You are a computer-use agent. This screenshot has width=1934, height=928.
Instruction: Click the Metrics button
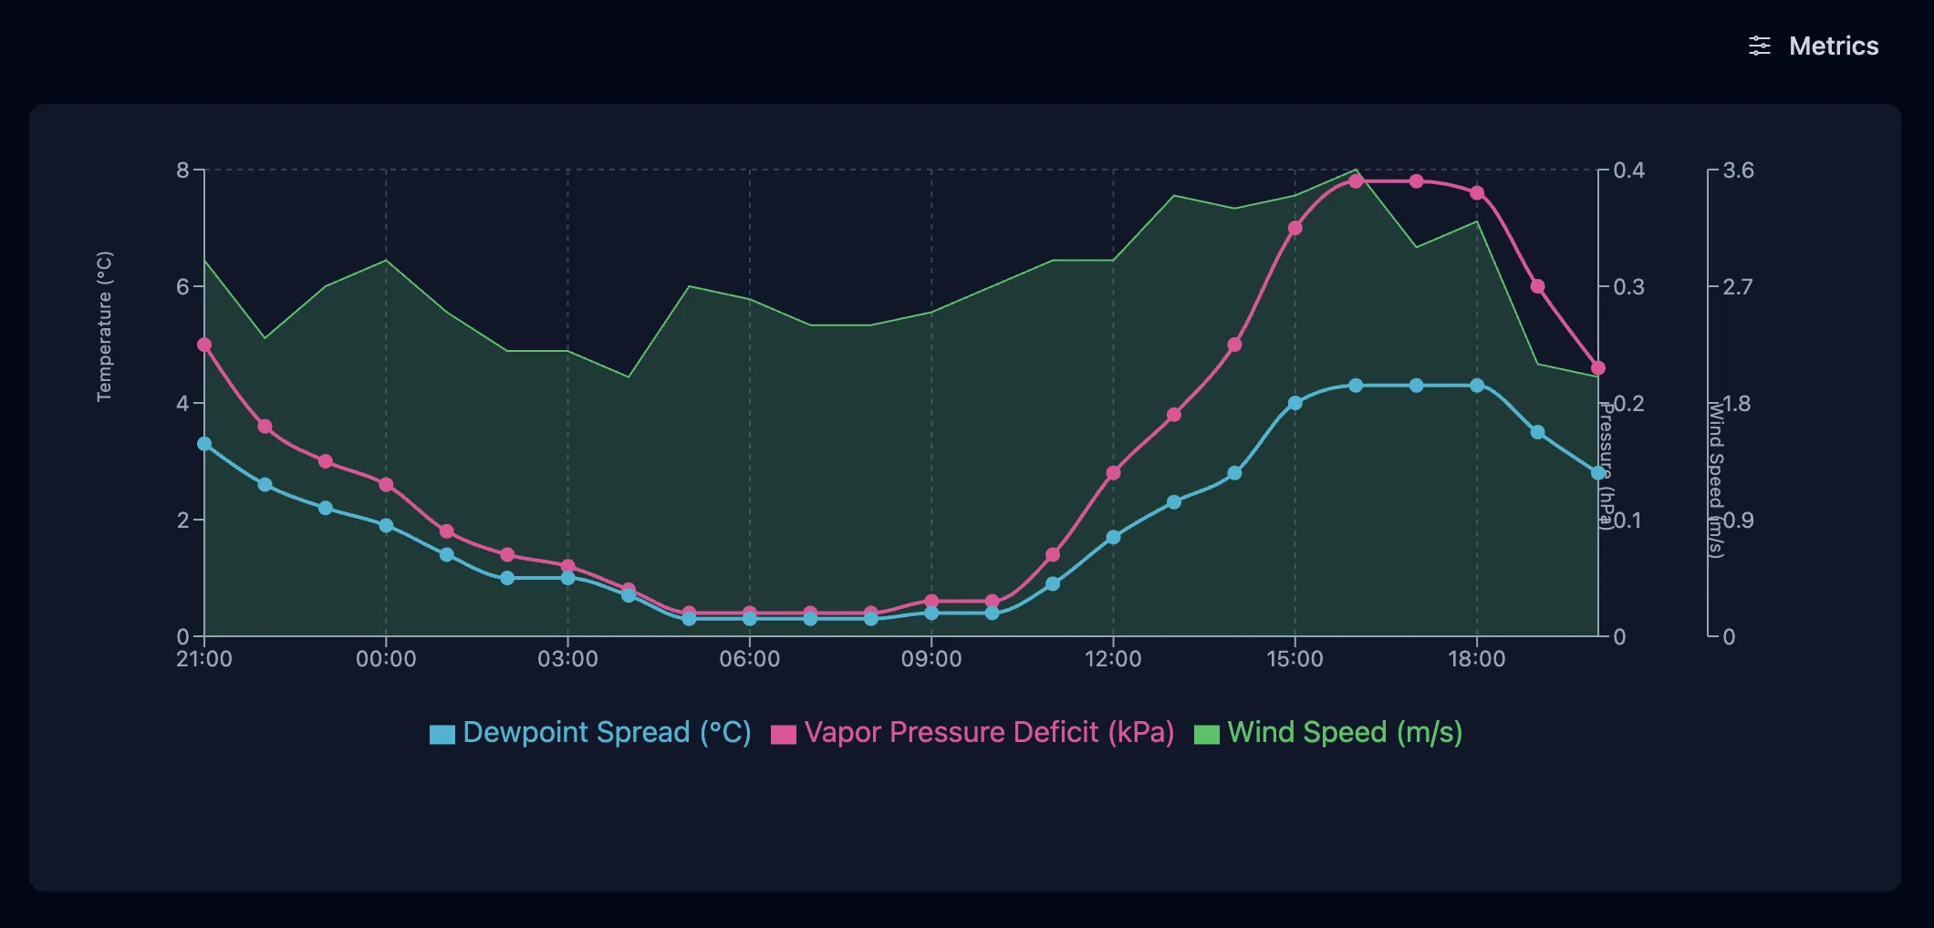point(1813,46)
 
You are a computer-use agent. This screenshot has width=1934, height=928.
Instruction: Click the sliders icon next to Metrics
point(1760,46)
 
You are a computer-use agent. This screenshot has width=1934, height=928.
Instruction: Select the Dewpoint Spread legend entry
point(590,733)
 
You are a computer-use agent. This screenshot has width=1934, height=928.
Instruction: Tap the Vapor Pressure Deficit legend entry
point(972,733)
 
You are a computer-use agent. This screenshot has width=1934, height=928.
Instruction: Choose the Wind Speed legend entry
point(1328,733)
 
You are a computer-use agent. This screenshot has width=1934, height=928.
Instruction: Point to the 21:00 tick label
point(204,659)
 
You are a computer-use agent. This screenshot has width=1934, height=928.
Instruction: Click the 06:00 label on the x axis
point(750,659)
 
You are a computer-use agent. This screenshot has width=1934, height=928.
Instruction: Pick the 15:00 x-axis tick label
point(1295,659)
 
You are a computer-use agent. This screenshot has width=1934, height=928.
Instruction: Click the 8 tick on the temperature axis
point(182,170)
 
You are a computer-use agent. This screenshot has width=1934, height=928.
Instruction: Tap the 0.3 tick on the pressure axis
point(1628,287)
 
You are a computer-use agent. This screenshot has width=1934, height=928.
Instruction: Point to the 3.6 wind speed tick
point(1738,170)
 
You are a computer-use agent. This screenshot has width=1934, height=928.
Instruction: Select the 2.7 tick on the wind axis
point(1738,287)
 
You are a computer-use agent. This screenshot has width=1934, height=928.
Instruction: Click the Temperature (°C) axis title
point(105,326)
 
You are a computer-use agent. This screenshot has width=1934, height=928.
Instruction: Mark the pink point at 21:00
point(204,345)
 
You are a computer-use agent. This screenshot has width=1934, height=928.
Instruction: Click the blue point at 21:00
point(204,444)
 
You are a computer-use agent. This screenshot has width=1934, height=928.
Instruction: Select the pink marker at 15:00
point(1295,228)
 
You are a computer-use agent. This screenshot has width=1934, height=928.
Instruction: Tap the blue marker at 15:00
point(1295,403)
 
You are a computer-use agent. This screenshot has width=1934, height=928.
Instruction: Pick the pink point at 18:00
point(1477,193)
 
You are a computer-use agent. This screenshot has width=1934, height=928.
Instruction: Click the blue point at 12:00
point(1113,537)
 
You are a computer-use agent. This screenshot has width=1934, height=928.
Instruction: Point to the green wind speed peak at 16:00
point(1356,170)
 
